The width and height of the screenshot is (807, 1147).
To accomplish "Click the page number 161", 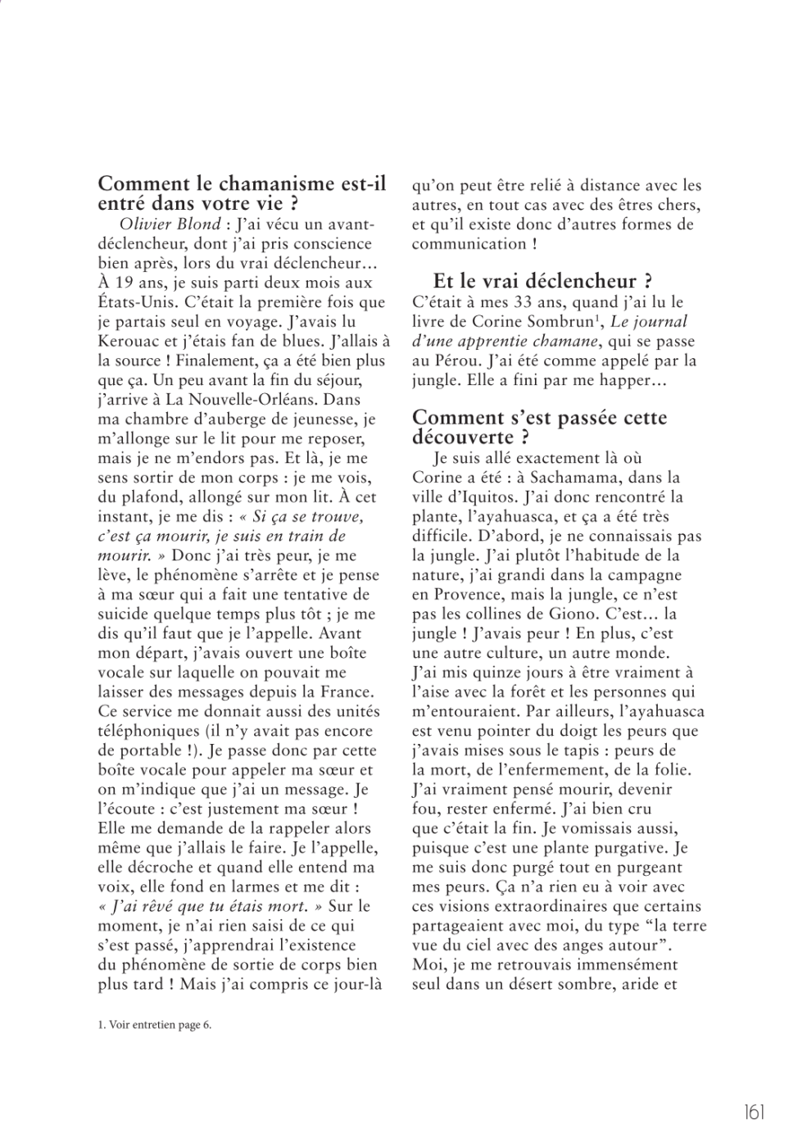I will [x=754, y=1112].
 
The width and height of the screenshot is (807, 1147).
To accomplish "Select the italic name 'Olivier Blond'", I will [x=170, y=224].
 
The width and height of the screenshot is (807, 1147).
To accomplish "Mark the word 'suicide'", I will [x=125, y=614].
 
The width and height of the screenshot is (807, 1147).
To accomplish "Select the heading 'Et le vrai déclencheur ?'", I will [x=542, y=282].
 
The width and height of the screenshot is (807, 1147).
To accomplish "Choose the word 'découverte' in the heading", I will [x=463, y=437].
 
